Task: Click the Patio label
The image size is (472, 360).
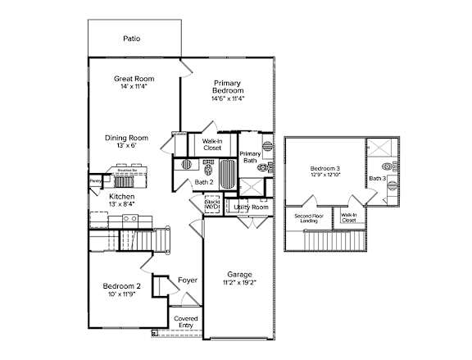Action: [x=131, y=38]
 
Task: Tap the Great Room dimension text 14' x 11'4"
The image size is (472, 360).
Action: [x=133, y=87]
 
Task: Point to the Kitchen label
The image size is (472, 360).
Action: [x=122, y=197]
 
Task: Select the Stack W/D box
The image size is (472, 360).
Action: [x=212, y=204]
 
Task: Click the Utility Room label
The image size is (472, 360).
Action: [x=251, y=207]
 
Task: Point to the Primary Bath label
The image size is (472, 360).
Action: [x=250, y=158]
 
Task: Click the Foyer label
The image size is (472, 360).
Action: [x=188, y=280]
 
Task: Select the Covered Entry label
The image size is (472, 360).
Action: [x=185, y=322]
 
